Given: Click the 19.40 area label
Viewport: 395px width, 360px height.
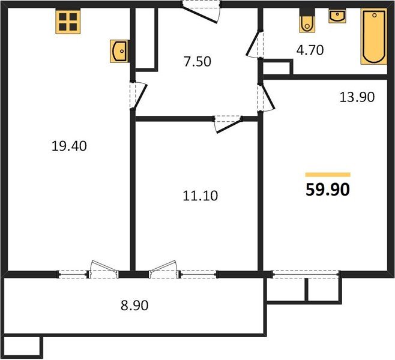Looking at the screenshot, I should point(70,145).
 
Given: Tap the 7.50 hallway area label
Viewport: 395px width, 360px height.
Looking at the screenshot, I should point(197,61).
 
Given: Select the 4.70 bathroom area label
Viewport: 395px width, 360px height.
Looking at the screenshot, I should point(310,50).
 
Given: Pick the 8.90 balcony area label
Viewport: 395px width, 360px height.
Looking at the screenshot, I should point(134,305).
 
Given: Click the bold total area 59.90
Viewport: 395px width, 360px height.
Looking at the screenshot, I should point(327,190).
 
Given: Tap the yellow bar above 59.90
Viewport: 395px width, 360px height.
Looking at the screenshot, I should point(327,175).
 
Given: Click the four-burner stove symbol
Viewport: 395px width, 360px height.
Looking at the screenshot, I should point(68,22).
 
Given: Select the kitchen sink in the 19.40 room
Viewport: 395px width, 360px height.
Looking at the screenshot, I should point(119,51).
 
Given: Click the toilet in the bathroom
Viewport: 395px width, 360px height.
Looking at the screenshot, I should point(307,22).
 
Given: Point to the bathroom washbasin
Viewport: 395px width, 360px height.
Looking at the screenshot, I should point(336,17).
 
